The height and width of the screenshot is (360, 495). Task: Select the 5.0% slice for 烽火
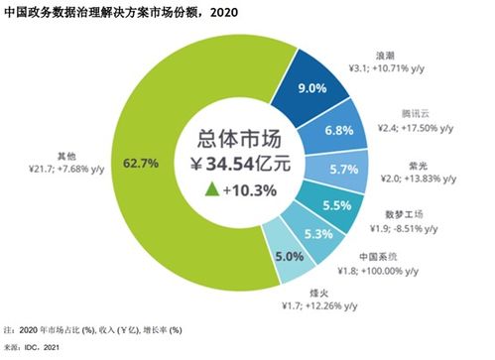click(288, 257)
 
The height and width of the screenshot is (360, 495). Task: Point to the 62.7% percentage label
click(136, 156)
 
